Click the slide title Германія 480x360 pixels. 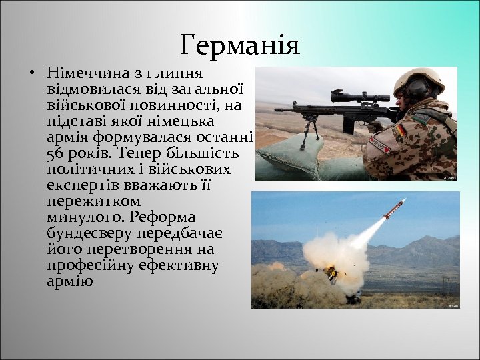click(240, 45)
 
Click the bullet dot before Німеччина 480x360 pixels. click(31, 72)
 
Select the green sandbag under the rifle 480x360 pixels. click(293, 157)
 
